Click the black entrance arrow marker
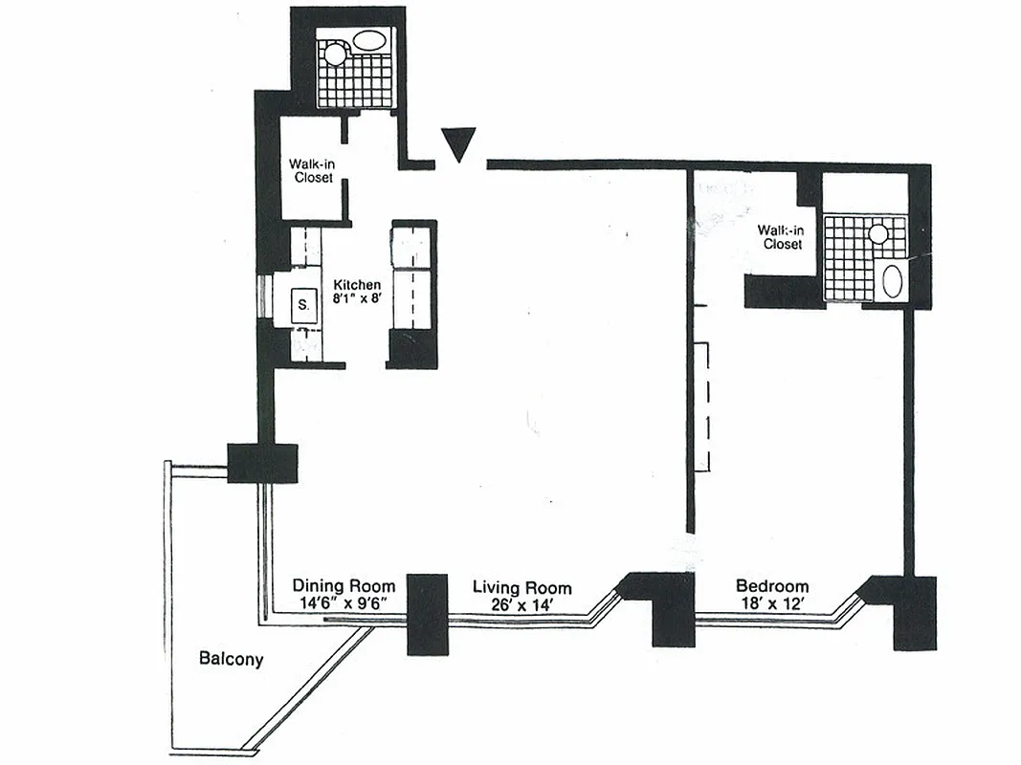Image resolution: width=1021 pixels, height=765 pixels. click(460, 144)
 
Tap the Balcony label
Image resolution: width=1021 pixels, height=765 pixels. click(231, 659)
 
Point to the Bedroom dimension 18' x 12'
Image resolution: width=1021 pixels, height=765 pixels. click(771, 603)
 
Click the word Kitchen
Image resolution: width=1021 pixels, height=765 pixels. click(357, 285)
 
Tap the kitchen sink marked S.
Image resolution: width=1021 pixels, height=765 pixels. click(303, 305)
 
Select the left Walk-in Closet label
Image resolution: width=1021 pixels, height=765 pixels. click(311, 170)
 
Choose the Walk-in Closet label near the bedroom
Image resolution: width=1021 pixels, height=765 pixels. click(780, 237)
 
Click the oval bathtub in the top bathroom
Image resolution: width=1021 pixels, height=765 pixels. click(369, 41)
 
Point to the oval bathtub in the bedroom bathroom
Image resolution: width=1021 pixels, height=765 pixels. click(891, 281)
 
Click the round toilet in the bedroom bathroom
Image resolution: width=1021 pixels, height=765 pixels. click(877, 232)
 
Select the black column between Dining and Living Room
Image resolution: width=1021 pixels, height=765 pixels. click(428, 614)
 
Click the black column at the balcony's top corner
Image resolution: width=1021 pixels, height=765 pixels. click(261, 463)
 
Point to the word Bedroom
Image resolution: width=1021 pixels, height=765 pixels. click(771, 586)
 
